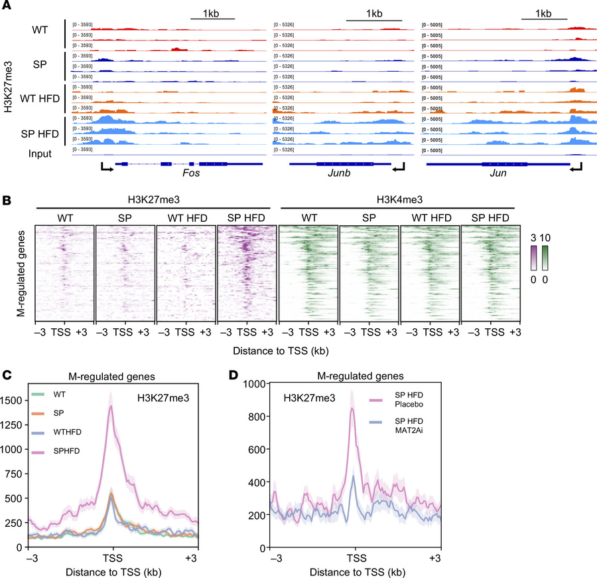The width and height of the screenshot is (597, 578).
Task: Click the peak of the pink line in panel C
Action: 110,407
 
